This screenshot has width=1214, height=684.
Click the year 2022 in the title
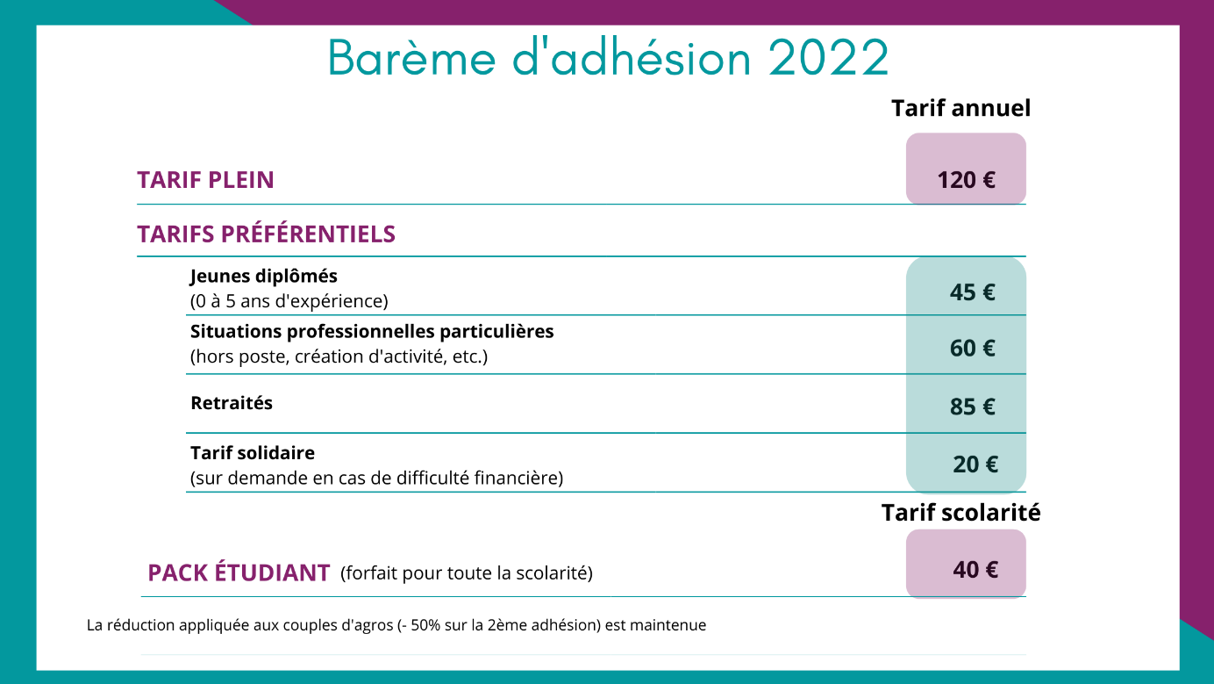tap(828, 57)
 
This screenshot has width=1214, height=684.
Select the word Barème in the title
tap(412, 57)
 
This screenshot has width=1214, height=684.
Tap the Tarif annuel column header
tap(960, 108)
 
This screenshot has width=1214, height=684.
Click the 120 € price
tap(967, 180)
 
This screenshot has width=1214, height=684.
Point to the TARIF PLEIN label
tap(205, 180)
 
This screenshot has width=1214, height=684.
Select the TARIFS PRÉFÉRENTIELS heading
tap(266, 234)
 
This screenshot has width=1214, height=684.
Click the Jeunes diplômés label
tap(264, 277)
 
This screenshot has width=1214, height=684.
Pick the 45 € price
tap(972, 292)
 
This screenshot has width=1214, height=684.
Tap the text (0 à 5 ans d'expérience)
tap(289, 301)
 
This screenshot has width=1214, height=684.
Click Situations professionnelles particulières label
tap(372, 331)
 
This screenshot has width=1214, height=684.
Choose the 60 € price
tap(972, 349)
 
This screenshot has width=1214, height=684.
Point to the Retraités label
tap(232, 403)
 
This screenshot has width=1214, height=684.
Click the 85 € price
tap(972, 407)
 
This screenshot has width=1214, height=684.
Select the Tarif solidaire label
tap(253, 453)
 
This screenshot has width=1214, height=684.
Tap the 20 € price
tap(975, 464)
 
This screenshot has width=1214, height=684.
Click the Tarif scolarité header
tap(960, 513)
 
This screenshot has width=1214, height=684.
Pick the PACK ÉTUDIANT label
tap(239, 572)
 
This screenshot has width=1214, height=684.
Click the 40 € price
tap(975, 570)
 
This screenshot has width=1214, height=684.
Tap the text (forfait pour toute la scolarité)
tap(467, 573)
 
